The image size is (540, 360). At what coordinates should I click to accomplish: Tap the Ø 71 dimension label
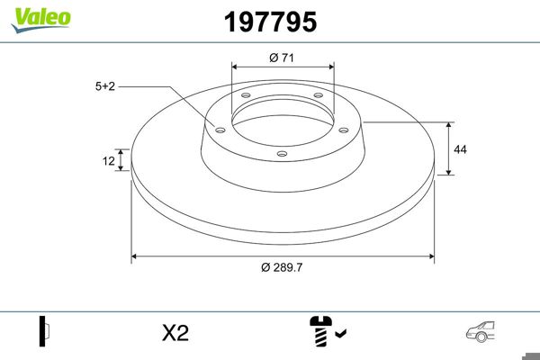pyautogui.click(x=283, y=58)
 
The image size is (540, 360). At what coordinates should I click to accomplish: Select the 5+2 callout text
pyautogui.click(x=106, y=86)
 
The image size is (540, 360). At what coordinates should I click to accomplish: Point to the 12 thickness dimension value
pyautogui.click(x=109, y=161)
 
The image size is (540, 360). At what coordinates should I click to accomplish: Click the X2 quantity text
pyautogui.click(x=175, y=333)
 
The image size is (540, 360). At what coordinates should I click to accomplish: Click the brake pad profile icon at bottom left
pyautogui.click(x=44, y=332)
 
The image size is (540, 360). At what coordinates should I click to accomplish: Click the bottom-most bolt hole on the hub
pyautogui.click(x=282, y=154)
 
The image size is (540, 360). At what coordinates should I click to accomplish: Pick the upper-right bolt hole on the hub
pyautogui.click(x=319, y=97)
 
